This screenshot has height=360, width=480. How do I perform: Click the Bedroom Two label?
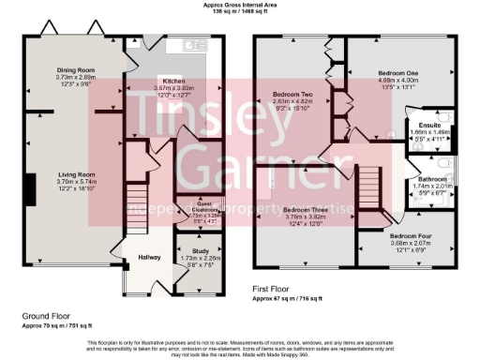(292, 95)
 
